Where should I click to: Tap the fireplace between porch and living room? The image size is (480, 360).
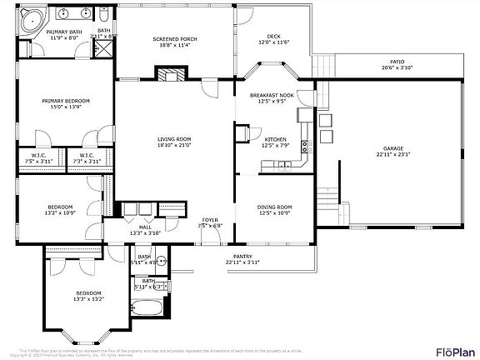click(x=171, y=74)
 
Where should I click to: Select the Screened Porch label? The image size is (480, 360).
click(x=173, y=39)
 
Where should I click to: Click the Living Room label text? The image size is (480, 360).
click(x=174, y=139)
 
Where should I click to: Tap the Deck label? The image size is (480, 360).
click(x=270, y=37)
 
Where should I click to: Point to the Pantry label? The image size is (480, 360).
click(x=242, y=257)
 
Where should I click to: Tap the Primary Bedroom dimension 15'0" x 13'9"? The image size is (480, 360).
click(x=66, y=107)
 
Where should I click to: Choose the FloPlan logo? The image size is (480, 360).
click(x=453, y=350)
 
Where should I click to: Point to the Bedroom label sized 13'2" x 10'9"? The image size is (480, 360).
click(x=60, y=207)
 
